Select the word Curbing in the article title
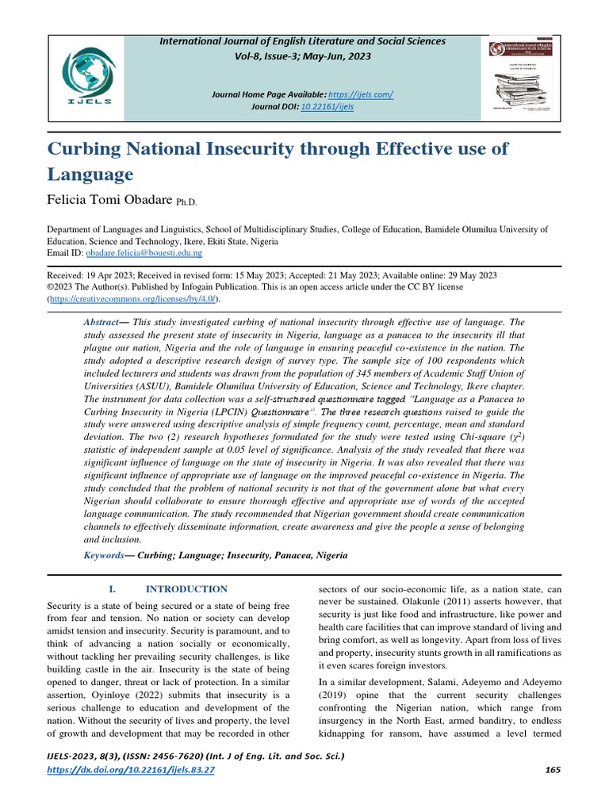pyautogui.click(x=93, y=149)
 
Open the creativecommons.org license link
pyautogui.click(x=134, y=299)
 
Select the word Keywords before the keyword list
pyautogui.click(x=104, y=556)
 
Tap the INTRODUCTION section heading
pyautogui.click(x=186, y=589)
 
